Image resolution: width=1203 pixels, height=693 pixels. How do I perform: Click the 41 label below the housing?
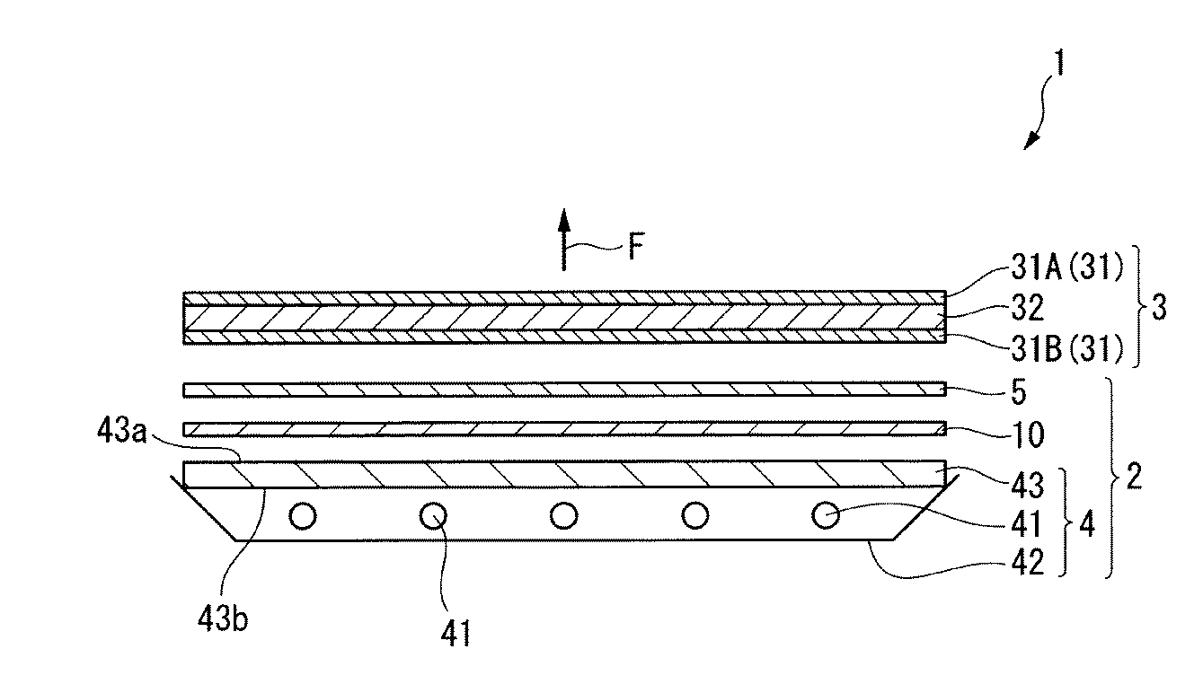pyautogui.click(x=455, y=635)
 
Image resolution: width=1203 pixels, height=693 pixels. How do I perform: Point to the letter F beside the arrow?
pyautogui.click(x=635, y=247)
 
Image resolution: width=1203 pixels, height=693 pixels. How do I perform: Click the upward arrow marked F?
pyautogui.click(x=563, y=238)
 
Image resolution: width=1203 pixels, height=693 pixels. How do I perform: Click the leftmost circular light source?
pyautogui.click(x=303, y=516)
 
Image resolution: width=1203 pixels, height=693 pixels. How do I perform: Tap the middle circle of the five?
pyautogui.click(x=563, y=516)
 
